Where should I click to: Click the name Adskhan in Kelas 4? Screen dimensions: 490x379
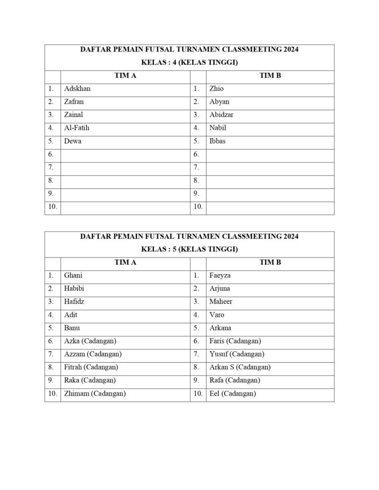point(77,89)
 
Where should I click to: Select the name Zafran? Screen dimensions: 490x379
point(74,102)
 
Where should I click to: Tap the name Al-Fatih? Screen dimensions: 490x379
point(77,128)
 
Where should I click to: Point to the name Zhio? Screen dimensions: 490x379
point(217,89)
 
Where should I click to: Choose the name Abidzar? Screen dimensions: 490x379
point(221,115)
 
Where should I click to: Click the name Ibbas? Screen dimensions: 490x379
point(217,141)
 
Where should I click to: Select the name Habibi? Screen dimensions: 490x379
point(74,289)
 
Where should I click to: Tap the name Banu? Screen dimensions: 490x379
point(72,328)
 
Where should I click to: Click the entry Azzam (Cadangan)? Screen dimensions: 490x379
point(93,354)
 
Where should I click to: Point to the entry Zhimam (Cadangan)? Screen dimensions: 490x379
point(95,393)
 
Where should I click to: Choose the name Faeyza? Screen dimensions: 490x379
point(220,276)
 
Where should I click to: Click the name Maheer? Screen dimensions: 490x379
point(221,302)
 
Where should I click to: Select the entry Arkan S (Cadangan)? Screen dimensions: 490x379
point(240,367)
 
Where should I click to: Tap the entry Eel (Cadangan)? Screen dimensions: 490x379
point(233,393)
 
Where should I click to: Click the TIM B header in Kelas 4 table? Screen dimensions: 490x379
point(271,76)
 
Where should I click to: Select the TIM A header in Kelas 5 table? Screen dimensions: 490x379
point(126,262)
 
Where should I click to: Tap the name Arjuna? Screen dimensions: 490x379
point(219,289)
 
